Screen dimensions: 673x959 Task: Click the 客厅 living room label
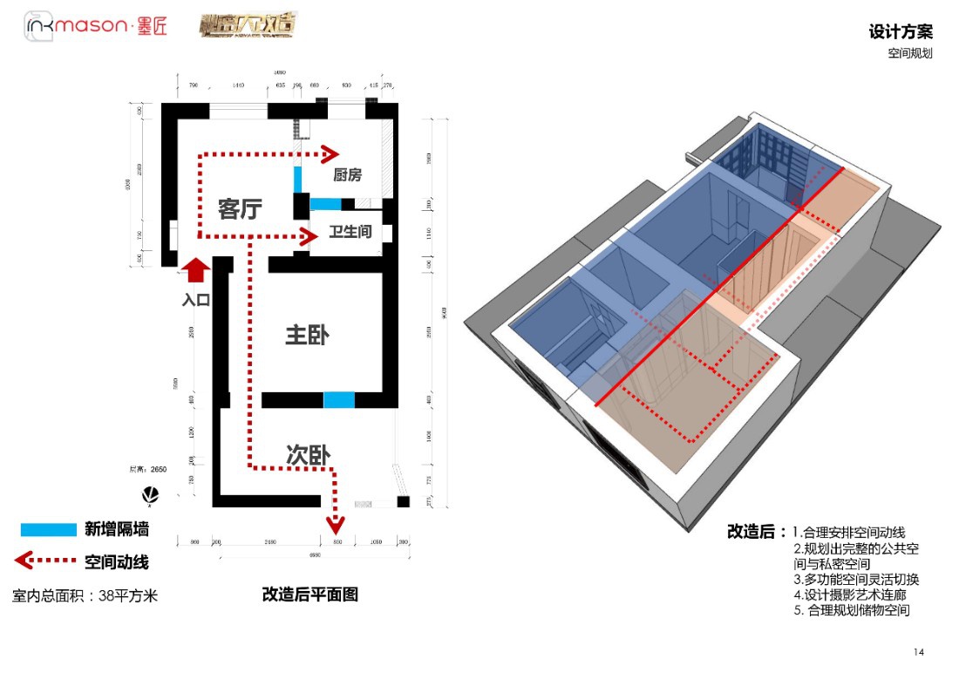pyautogui.click(x=240, y=209)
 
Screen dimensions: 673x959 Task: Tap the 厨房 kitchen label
pyautogui.click(x=347, y=175)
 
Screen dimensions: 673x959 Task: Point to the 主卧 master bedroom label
pyautogui.click(x=307, y=335)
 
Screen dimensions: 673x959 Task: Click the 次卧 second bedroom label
pyautogui.click(x=307, y=455)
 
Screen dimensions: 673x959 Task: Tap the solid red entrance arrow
pyautogui.click(x=196, y=269)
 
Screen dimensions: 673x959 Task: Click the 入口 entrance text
pyautogui.click(x=196, y=300)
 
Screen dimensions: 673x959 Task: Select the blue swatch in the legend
pyautogui.click(x=49, y=529)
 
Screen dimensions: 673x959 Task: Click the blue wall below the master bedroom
pyautogui.click(x=339, y=400)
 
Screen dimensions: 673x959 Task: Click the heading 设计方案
pyautogui.click(x=901, y=32)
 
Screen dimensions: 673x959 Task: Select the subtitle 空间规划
pyautogui.click(x=910, y=54)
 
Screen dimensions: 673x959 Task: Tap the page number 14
pyautogui.click(x=919, y=652)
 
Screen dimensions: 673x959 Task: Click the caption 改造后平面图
pyautogui.click(x=310, y=595)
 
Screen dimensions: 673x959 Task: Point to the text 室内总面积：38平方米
pyautogui.click(x=85, y=596)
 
